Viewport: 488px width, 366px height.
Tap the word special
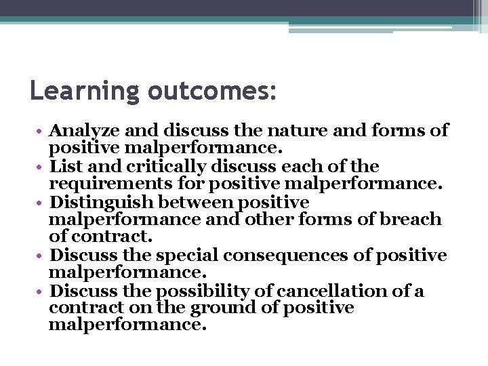point(186,256)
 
